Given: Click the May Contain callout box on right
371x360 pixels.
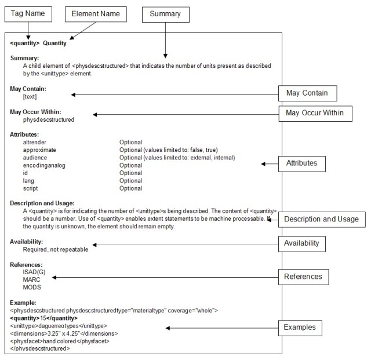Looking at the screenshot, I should point(307,93).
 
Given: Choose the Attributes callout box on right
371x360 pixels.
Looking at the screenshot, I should point(301,163).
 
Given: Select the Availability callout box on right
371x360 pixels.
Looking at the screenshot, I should point(301,243).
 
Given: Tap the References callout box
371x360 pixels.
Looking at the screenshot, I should point(303,277).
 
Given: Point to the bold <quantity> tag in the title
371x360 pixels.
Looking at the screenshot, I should point(25,43).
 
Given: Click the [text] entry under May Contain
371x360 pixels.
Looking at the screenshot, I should point(30,97).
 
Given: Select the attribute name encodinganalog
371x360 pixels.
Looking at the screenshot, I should point(43,165).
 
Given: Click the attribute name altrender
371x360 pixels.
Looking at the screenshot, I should point(35,142).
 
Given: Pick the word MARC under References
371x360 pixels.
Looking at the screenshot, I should point(32,279).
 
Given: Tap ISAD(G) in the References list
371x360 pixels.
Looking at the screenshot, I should point(34,272).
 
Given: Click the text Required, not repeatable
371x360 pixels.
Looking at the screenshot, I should point(56,249).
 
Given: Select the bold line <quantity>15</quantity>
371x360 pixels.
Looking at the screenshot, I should point(43,318).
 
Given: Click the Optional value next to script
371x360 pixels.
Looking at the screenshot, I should point(130,188).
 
